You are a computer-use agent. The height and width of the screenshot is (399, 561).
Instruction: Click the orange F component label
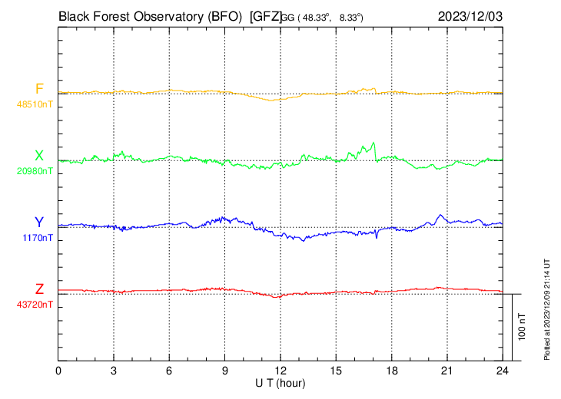click(39, 88)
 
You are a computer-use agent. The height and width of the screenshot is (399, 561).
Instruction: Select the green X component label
click(39, 156)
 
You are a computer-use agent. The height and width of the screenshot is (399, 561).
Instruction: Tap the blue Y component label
click(39, 223)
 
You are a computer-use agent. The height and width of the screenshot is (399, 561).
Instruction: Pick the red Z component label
click(39, 289)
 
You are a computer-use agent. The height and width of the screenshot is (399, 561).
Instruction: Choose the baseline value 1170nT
click(37, 238)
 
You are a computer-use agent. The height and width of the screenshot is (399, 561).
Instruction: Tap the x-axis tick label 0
click(59, 371)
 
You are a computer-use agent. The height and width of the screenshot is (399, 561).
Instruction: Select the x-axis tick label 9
click(225, 371)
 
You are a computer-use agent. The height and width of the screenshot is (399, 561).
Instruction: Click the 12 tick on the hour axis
click(280, 371)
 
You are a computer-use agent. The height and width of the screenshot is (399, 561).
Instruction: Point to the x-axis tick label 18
click(391, 371)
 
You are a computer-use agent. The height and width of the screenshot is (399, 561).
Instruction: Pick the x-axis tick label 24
click(502, 371)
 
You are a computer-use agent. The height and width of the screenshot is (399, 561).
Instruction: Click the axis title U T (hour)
click(281, 382)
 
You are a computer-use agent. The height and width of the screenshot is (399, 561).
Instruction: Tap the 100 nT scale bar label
click(522, 327)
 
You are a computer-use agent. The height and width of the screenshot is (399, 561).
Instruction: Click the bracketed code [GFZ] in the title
click(266, 15)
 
